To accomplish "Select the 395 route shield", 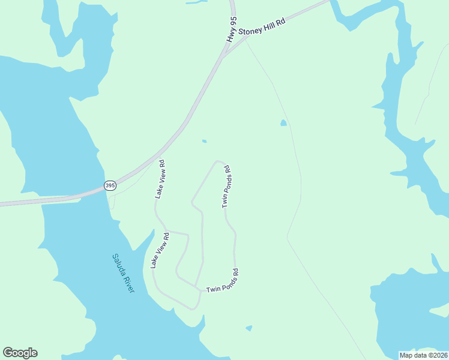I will click(x=110, y=186).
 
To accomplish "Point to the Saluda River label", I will click(x=123, y=273).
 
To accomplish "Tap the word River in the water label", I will click(x=129, y=284).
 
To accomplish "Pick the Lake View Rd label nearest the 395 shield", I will click(x=160, y=179).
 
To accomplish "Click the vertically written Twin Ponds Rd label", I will click(x=226, y=187).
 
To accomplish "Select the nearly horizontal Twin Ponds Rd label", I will click(x=223, y=281).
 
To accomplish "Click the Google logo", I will click(x=20, y=353).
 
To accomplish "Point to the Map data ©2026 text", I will click(x=423, y=355).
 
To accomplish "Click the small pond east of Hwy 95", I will click(x=283, y=123).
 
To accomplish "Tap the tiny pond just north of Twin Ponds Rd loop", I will click(x=205, y=142).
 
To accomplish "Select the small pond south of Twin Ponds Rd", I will click(x=249, y=328).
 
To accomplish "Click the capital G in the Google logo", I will click(x=8, y=353).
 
